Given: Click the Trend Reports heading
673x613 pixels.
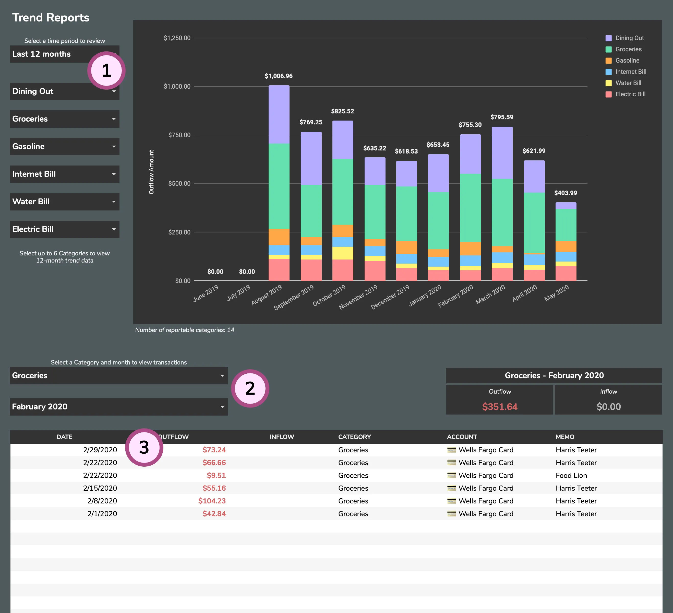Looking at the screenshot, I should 51,17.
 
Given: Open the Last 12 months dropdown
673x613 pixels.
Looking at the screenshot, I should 50,54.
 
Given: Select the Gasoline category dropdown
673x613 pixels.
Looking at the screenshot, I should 64,147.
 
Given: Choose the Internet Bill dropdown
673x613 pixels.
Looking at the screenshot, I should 64,174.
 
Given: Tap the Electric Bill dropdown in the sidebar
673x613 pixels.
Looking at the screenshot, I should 64,229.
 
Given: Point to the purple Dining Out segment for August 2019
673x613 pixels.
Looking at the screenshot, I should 279,114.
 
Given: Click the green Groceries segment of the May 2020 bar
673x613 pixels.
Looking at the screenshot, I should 566,225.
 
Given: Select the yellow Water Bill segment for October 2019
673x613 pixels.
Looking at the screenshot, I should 343,253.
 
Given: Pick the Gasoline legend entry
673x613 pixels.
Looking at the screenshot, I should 627,61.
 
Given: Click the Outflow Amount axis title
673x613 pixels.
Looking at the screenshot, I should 151,172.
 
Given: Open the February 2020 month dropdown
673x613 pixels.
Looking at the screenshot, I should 118,407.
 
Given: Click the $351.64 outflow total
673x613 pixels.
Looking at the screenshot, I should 499,407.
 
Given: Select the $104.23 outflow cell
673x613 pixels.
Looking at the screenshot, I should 212,501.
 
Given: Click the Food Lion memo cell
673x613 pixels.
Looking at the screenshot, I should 571,475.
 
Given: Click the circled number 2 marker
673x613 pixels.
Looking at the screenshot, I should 250,388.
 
